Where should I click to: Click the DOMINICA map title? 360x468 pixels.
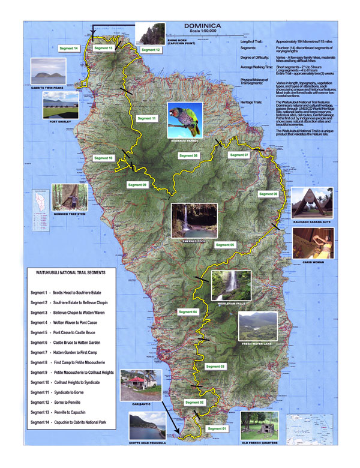(x=203, y=26)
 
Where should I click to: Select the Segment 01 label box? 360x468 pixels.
(x=218, y=428)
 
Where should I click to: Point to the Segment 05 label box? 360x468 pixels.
(x=225, y=245)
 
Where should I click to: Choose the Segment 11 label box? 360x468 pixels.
(x=146, y=119)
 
